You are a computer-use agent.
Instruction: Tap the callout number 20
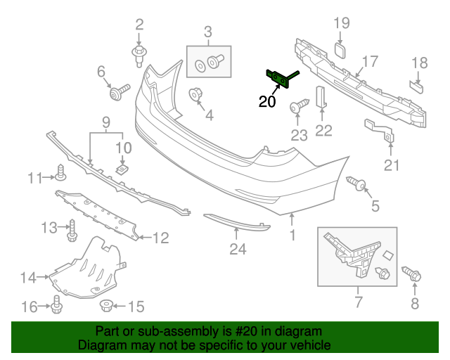pos(267,102)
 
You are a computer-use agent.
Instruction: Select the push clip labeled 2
pos(139,53)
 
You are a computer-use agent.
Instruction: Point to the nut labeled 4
pos(195,95)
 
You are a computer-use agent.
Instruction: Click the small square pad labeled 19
pos(340,49)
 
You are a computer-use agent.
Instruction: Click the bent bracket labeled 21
pos(380,131)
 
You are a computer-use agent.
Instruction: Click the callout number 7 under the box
pos(358,303)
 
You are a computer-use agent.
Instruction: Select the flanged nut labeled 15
pos(106,306)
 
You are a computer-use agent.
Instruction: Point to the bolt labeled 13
pos(72,228)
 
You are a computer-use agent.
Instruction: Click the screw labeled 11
pos(60,173)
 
